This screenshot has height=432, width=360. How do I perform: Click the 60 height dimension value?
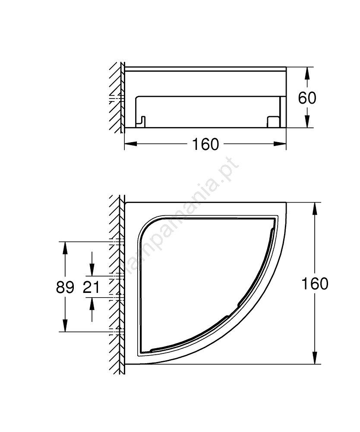point(307,98)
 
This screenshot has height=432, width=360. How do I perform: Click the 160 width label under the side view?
point(205,144)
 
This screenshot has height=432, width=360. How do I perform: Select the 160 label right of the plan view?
point(315,283)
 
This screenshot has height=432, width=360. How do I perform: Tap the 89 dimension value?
point(65,287)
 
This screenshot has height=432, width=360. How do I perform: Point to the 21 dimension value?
point(91,287)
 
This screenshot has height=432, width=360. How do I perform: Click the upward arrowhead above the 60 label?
point(307,73)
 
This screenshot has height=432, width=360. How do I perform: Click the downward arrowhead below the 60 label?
point(307,121)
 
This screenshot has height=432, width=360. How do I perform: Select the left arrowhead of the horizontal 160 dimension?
point(131,143)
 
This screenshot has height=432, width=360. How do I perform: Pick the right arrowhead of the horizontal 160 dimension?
point(280,143)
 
